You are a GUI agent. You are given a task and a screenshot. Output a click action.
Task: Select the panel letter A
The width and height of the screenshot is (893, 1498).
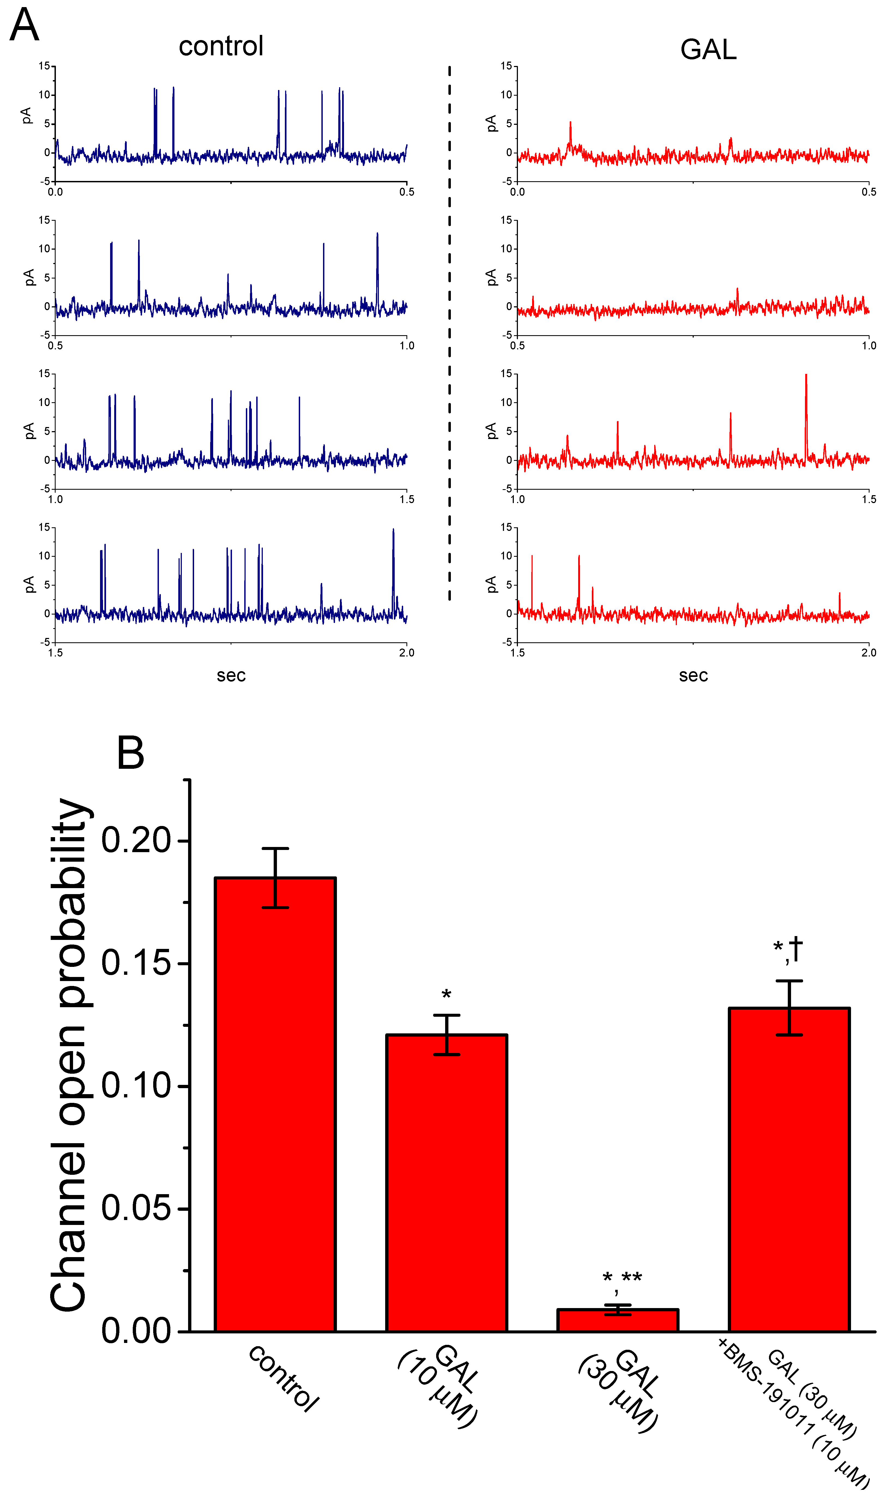pos(24,25)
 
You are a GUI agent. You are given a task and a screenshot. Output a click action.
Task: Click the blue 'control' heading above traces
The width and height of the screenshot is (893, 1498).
pos(221,46)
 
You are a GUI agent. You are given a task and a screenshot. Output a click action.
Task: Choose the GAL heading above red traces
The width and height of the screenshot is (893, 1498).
pos(708,49)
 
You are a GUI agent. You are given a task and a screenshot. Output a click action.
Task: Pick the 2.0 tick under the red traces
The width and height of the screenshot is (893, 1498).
pos(868,653)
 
